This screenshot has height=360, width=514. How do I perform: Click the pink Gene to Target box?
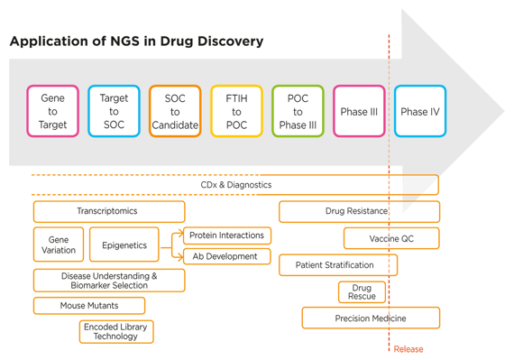click(x=52, y=112)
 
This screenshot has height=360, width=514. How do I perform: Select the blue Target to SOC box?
click(x=114, y=112)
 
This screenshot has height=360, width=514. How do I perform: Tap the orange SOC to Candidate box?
click(x=175, y=112)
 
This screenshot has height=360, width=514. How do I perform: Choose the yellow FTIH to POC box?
click(x=236, y=112)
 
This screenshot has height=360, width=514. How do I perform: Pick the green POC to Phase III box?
click(x=298, y=112)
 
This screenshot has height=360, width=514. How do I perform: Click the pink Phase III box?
click(x=359, y=112)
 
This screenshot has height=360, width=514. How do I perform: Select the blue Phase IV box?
click(x=420, y=112)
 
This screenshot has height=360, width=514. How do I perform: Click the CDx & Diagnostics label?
click(x=235, y=185)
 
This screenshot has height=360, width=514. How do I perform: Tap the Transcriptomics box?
click(x=108, y=211)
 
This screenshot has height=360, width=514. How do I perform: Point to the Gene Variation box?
click(x=59, y=245)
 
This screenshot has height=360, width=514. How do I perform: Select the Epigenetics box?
click(x=124, y=245)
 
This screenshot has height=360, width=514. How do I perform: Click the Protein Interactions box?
click(x=226, y=235)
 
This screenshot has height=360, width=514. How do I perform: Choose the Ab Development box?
click(x=226, y=256)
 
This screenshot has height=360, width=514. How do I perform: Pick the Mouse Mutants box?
click(x=89, y=306)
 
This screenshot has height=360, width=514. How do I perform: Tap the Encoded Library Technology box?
click(x=116, y=331)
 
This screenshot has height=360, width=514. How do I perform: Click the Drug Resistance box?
click(x=358, y=211)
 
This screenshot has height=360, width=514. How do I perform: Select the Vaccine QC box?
click(x=391, y=238)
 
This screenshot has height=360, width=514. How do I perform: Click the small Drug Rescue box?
click(x=362, y=291)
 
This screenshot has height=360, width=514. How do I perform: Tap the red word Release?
click(x=408, y=349)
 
